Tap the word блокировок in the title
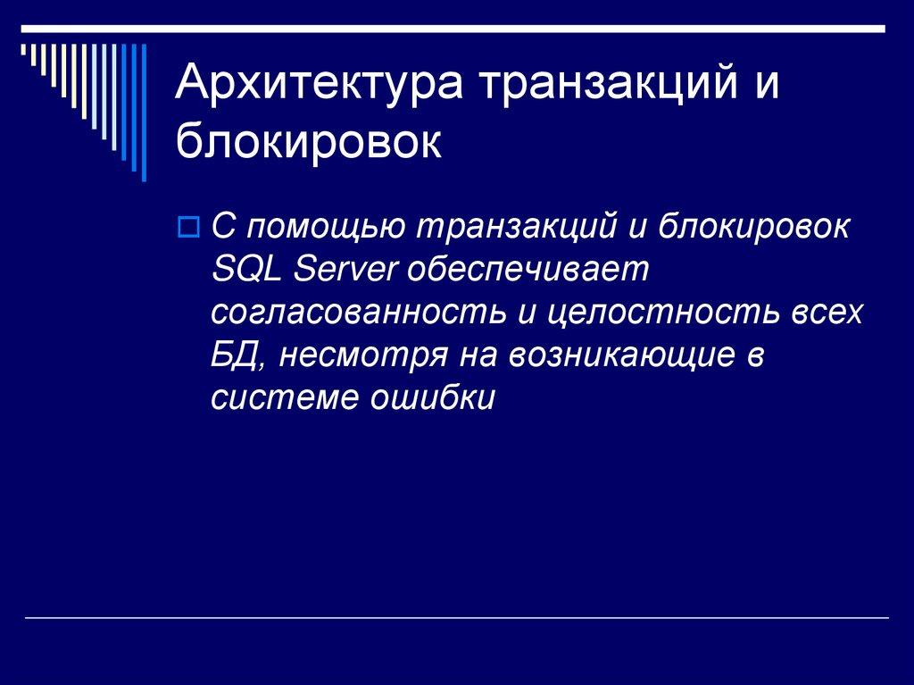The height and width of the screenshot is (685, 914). coord(308,143)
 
